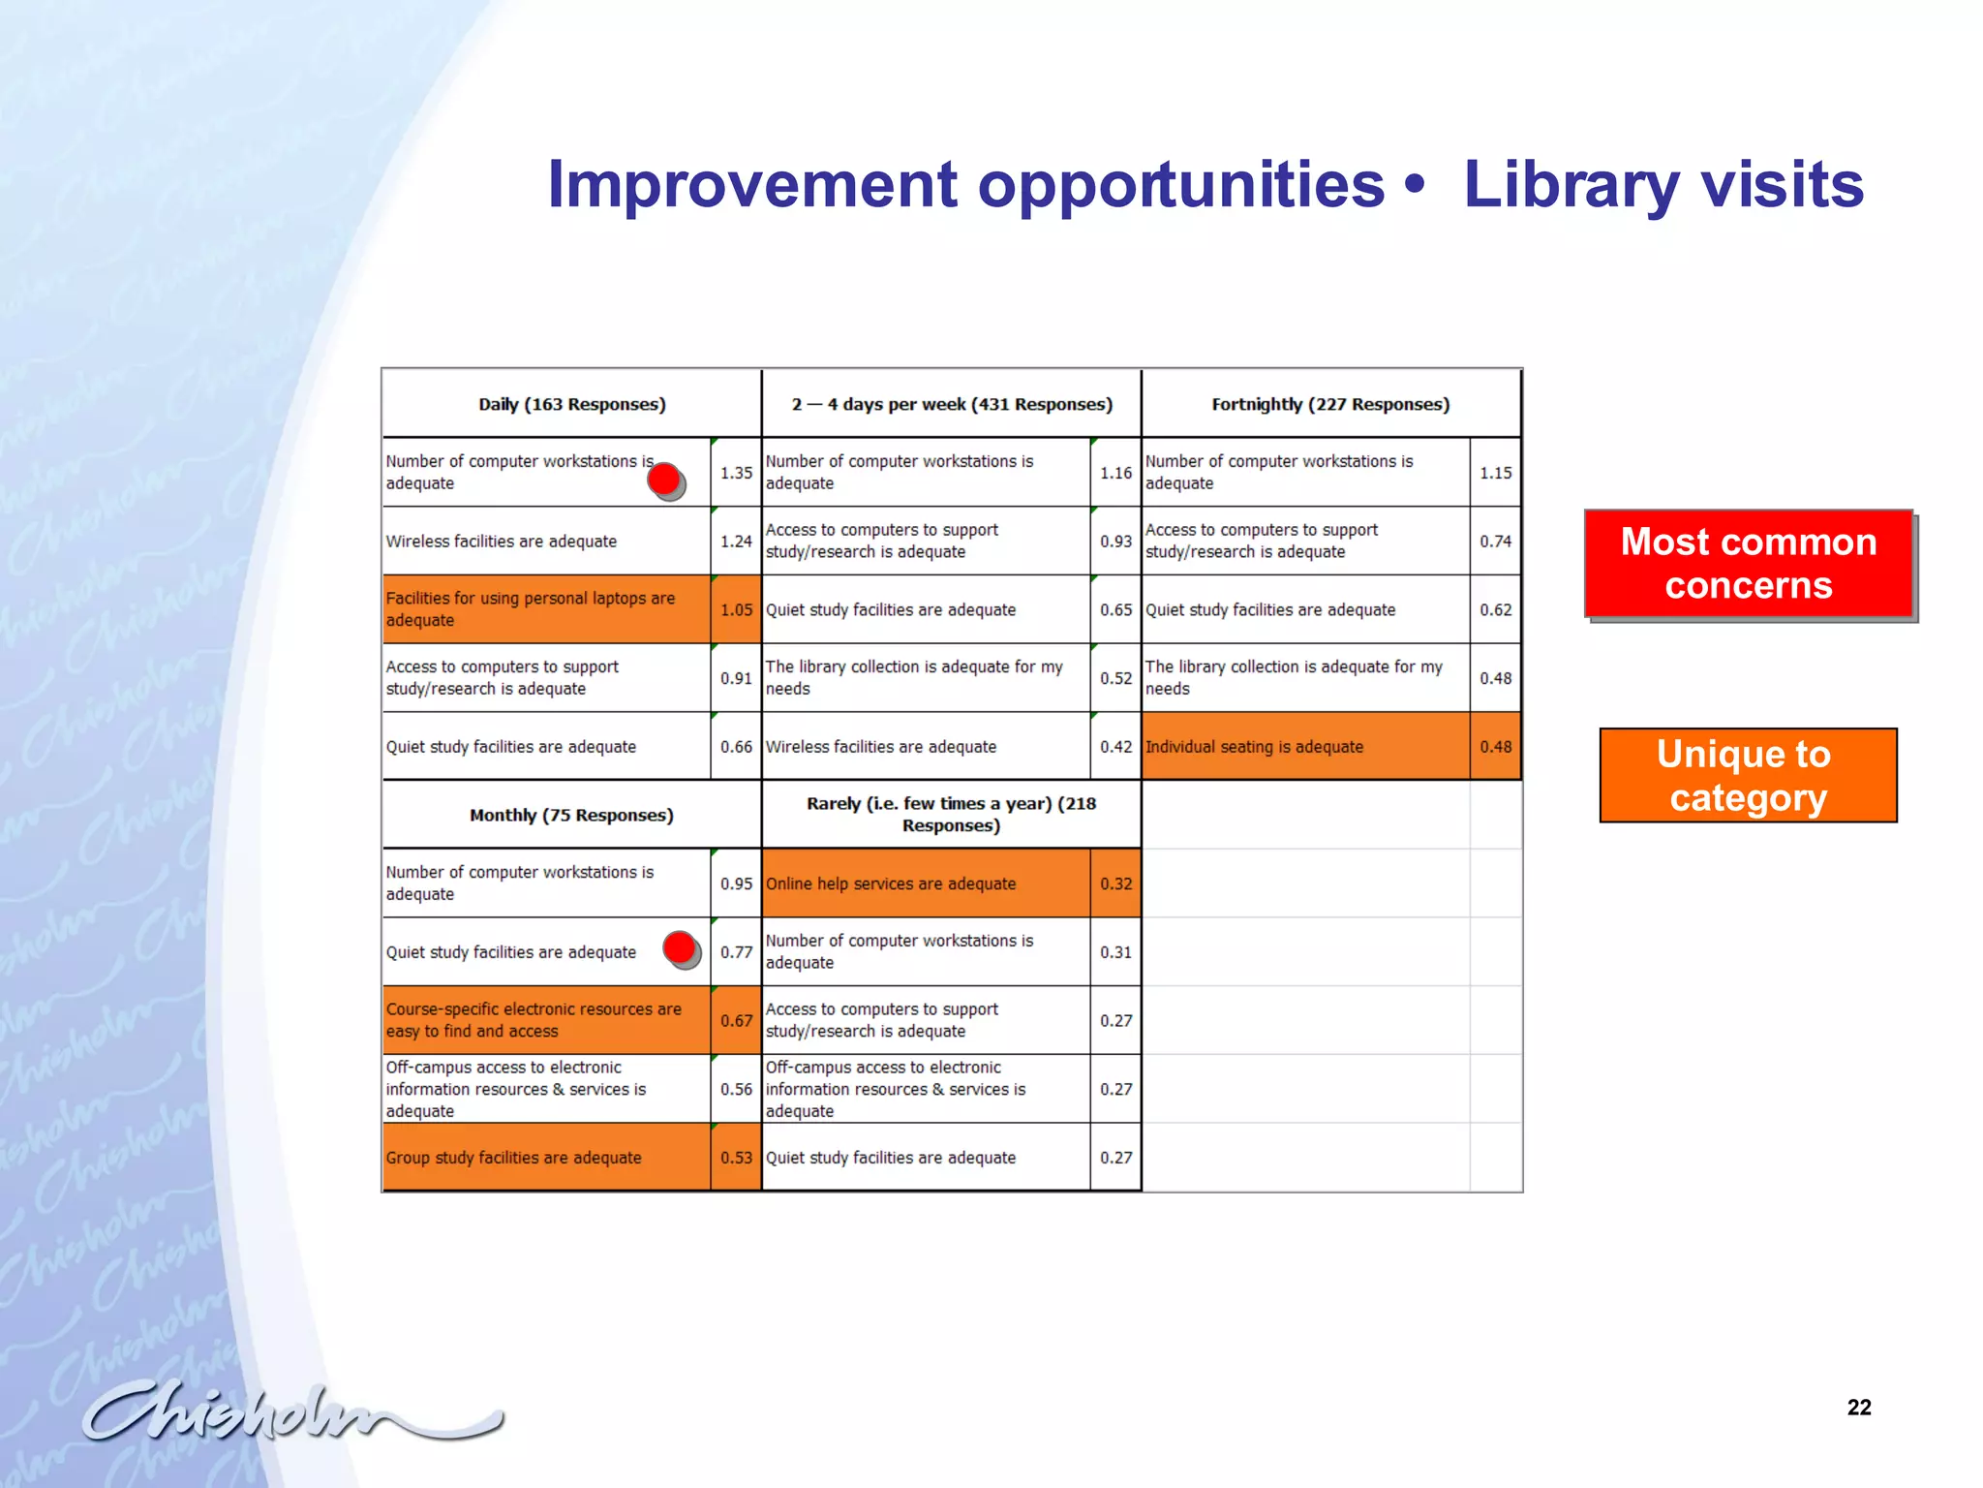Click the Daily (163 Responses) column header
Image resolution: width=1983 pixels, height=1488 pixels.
click(x=571, y=404)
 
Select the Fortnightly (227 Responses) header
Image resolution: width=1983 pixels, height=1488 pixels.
click(x=1330, y=404)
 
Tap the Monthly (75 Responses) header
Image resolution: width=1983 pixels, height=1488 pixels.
click(x=571, y=815)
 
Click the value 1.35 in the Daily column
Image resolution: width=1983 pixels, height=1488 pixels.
click(x=736, y=473)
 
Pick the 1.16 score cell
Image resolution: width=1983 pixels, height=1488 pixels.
click(x=1115, y=473)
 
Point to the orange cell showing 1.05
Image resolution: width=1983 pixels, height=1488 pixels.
click(x=736, y=609)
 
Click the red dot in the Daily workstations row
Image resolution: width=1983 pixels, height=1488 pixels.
click(x=665, y=480)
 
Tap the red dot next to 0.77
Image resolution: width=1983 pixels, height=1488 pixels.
click(x=681, y=948)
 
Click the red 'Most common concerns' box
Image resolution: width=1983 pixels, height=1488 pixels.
click(x=1749, y=563)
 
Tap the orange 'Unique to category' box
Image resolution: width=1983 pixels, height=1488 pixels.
click(x=1748, y=775)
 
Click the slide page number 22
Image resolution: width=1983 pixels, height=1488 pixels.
click(x=1858, y=1408)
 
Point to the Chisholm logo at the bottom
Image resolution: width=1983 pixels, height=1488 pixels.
click(x=290, y=1412)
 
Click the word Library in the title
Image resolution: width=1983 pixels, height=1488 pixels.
click(x=1571, y=184)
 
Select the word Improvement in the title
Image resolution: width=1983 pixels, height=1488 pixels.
click(x=752, y=184)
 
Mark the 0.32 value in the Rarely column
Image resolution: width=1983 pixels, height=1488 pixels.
click(x=1115, y=883)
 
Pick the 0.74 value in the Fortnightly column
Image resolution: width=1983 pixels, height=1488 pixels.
click(x=1495, y=542)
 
